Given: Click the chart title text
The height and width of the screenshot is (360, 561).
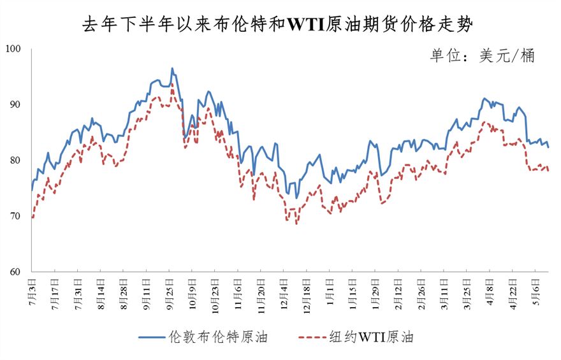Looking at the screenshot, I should click(x=280, y=25).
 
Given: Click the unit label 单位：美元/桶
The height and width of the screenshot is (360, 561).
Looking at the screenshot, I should click(x=481, y=56).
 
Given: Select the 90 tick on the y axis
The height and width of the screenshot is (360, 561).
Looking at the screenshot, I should click(x=15, y=104).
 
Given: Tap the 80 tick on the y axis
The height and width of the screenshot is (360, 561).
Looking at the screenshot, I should click(x=15, y=161).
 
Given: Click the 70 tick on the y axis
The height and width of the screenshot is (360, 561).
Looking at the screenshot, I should click(x=15, y=216).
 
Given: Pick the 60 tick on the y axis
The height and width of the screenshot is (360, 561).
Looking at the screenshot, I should click(x=15, y=272).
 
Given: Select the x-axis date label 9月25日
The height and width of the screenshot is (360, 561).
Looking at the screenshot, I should click(x=170, y=291).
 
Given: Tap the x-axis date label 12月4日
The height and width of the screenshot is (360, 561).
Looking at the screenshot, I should click(x=284, y=291).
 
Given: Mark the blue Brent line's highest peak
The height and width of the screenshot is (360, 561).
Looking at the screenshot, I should click(x=171, y=68).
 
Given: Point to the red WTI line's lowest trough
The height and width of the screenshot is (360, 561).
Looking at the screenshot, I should click(x=296, y=224).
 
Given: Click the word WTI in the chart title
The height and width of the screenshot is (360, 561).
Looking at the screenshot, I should click(x=306, y=25).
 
